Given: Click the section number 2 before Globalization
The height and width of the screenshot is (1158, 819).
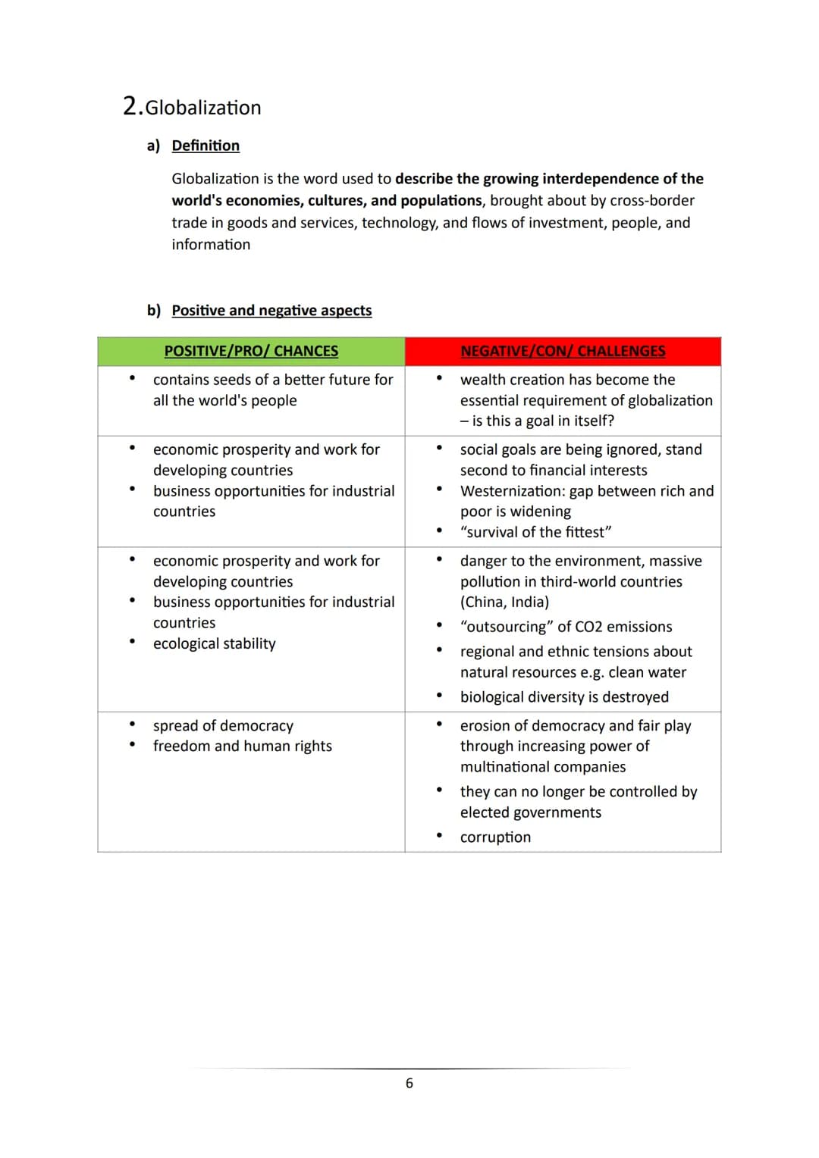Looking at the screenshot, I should [131, 106].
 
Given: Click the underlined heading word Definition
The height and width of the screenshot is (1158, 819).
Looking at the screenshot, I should [206, 146].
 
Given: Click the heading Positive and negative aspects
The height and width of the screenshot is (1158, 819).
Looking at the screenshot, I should [271, 311].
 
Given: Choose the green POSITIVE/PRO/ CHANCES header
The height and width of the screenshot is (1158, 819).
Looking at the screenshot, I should [251, 352].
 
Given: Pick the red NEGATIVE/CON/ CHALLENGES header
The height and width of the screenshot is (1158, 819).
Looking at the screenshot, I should [563, 352].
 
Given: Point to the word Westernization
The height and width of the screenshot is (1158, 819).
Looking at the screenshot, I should [512, 491].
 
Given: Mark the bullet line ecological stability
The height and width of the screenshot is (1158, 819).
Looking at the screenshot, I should [215, 644].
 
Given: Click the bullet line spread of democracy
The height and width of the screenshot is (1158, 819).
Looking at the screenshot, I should [223, 726].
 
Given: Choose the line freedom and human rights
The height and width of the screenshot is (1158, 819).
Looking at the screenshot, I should [243, 746].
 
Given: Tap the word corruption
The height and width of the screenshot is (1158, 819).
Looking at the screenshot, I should [495, 837].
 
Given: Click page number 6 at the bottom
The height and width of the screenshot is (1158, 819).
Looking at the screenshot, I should [409, 1084].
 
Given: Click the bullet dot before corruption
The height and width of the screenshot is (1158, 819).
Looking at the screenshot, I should [439, 836].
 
